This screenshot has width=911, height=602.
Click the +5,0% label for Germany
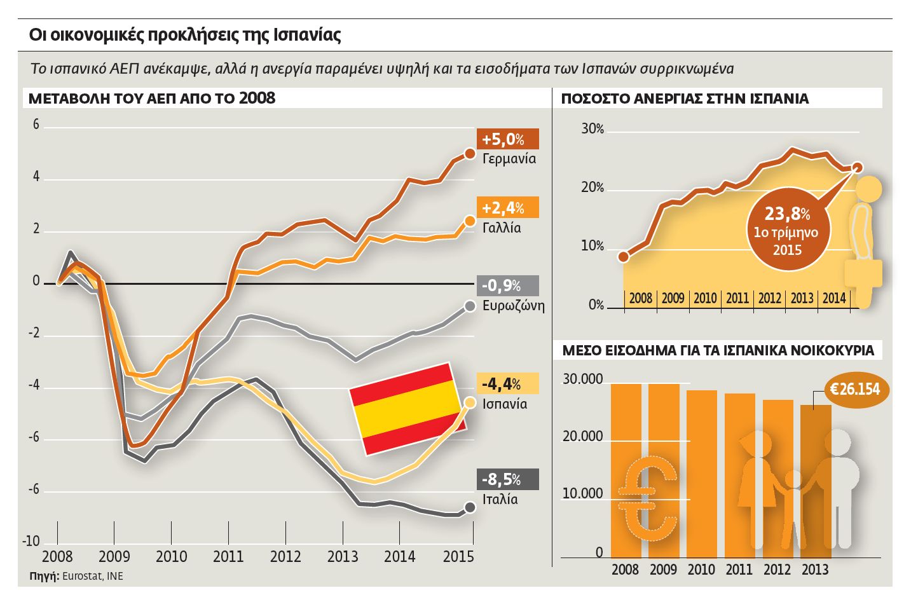click(x=507, y=139)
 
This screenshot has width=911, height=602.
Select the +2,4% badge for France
click(x=507, y=207)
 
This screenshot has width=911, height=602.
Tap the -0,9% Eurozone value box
click(x=507, y=285)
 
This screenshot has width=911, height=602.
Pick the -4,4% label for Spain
click(x=507, y=383)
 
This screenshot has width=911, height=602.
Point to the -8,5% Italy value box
click(x=507, y=479)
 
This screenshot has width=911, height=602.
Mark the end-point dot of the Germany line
click(x=470, y=153)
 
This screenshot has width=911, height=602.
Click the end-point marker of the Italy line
click(x=470, y=507)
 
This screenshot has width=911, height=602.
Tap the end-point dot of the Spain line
click(x=470, y=402)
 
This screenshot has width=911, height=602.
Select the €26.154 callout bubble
click(x=857, y=389)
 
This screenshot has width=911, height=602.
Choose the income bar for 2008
click(x=626, y=470)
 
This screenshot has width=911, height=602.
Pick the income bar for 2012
click(x=777, y=478)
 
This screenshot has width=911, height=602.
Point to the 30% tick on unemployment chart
click(x=592, y=129)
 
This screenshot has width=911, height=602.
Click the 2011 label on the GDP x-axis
click(x=228, y=557)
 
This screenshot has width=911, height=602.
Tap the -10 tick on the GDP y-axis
click(x=31, y=542)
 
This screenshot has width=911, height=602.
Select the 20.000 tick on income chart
click(x=582, y=437)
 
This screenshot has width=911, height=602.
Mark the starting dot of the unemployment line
click(x=624, y=257)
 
